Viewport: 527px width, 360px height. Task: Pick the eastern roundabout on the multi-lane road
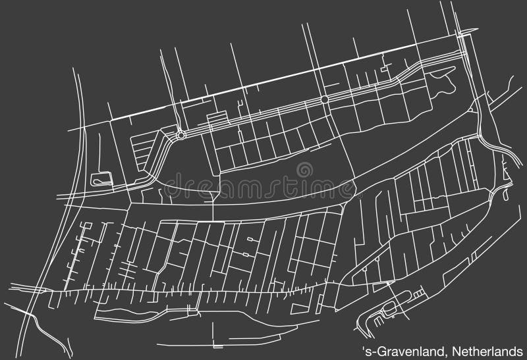324,100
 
